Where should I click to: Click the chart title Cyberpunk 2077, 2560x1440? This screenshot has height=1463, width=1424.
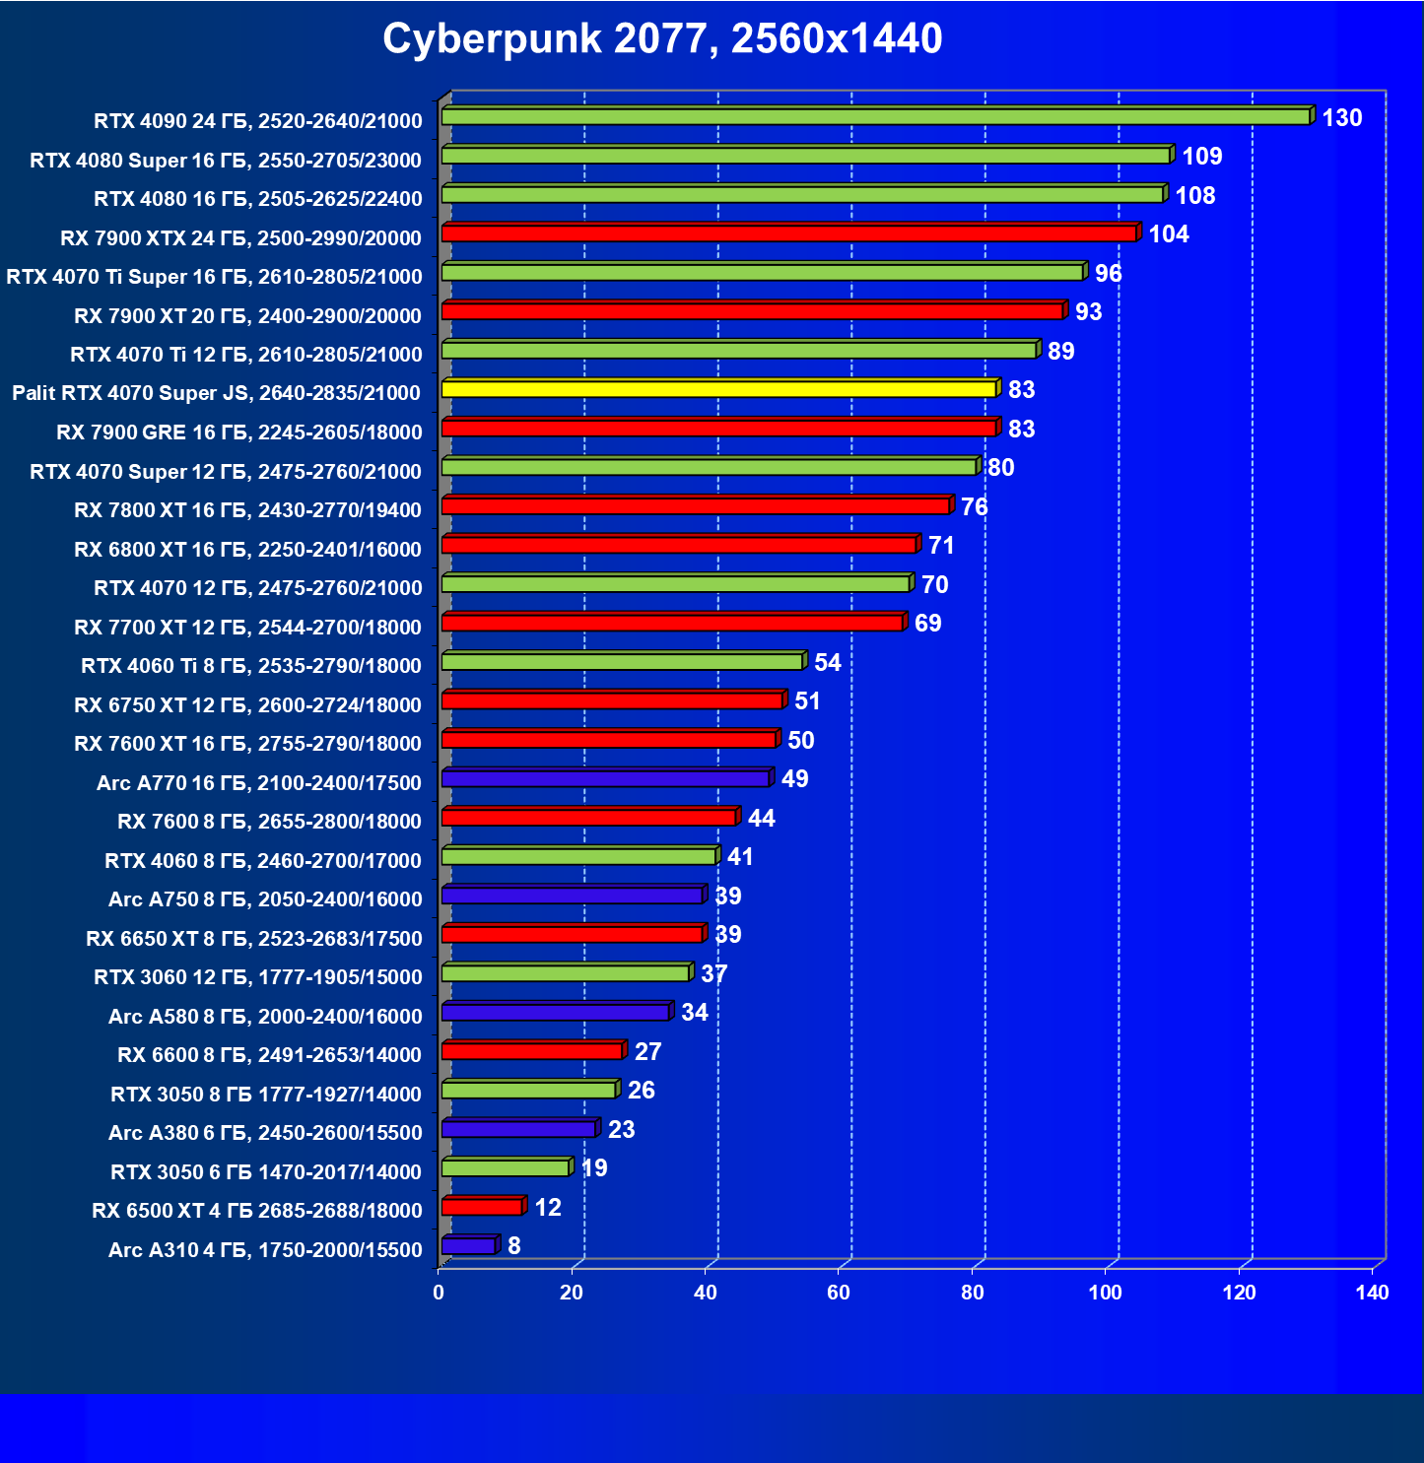[662, 38]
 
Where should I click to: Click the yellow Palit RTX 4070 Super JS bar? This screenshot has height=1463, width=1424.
[718, 389]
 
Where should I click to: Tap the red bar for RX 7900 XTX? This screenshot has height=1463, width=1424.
[788, 233]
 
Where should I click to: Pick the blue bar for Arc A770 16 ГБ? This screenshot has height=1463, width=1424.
[605, 778]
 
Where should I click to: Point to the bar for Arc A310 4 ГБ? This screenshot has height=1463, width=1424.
[468, 1246]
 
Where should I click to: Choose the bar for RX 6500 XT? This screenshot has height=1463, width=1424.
[482, 1207]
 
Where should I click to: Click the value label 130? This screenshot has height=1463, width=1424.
[1341, 118]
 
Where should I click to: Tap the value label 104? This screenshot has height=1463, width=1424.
[1169, 234]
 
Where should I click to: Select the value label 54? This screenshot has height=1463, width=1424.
[828, 662]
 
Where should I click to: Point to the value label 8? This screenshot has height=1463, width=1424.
[514, 1246]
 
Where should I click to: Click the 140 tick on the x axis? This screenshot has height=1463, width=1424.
[1372, 1293]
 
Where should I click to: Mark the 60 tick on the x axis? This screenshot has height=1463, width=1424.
[839, 1293]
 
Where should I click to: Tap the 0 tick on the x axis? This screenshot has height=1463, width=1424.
[439, 1293]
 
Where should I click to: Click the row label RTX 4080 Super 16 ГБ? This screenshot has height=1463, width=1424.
[226, 161]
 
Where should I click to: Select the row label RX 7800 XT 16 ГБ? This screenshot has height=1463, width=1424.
[247, 510]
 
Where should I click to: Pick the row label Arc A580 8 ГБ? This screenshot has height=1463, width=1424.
[265, 1017]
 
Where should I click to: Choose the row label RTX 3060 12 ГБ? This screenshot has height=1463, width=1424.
[258, 977]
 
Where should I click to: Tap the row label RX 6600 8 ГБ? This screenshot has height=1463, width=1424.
[269, 1055]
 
